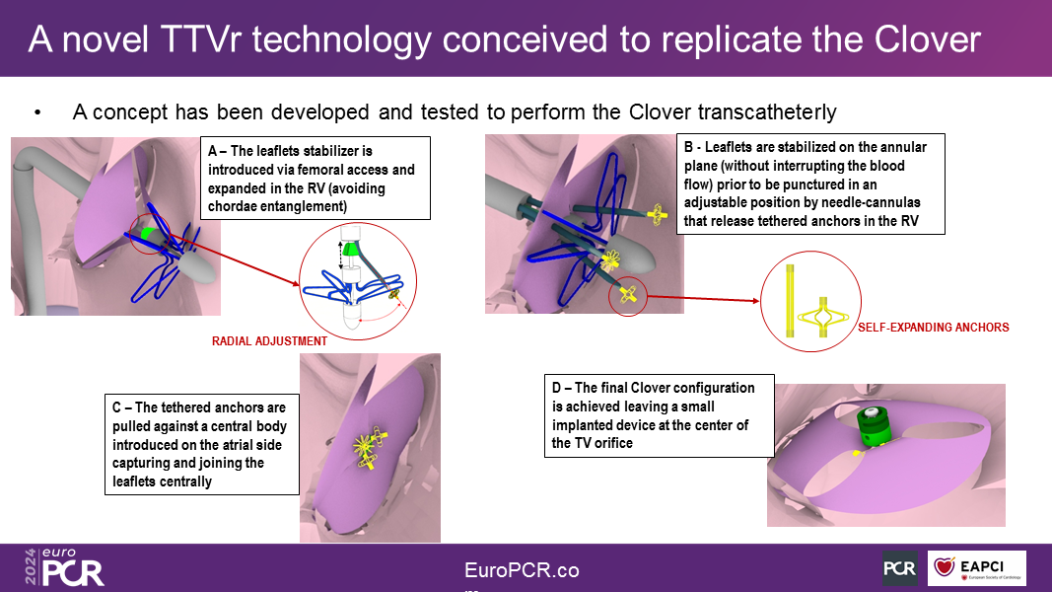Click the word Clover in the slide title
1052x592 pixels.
pyautogui.click(x=927, y=39)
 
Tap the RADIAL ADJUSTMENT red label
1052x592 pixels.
pyautogui.click(x=270, y=341)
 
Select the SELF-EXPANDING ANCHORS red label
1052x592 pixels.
pyautogui.click(x=934, y=328)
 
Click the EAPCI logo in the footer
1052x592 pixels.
pyautogui.click(x=976, y=568)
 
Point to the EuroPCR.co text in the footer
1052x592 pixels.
pyautogui.click(x=522, y=570)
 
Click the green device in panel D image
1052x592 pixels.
pyautogui.click(x=873, y=426)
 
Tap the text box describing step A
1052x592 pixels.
pyautogui.click(x=316, y=178)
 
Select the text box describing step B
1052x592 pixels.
pyautogui.click(x=810, y=184)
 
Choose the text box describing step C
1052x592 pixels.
pyautogui.click(x=202, y=444)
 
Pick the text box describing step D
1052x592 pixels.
pyautogui.click(x=660, y=415)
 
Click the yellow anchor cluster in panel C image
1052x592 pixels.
pyautogui.click(x=369, y=446)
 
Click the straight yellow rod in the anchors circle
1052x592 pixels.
pyautogui.click(x=790, y=301)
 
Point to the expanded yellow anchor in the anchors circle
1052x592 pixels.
pyautogui.click(x=823, y=317)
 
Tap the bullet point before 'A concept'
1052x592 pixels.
pyautogui.click(x=37, y=112)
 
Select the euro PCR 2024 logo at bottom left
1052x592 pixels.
pyautogui.click(x=64, y=568)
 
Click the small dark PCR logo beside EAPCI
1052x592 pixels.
pyautogui.click(x=900, y=568)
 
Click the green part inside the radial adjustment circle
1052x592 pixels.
pyautogui.click(x=350, y=250)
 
